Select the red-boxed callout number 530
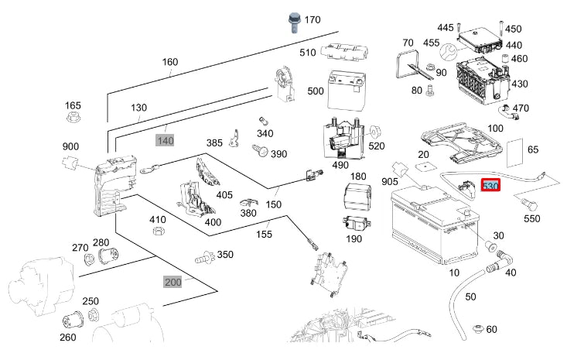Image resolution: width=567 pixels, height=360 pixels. tap(490, 187)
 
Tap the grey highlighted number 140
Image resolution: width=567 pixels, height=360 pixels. tap(166, 140)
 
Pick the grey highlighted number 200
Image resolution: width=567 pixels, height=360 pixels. tap(172, 281)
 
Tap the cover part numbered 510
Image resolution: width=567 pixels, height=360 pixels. tap(343, 52)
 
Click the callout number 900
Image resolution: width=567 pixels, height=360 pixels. tap(70, 146)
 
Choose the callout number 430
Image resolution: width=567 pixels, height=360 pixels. tap(520, 84)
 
